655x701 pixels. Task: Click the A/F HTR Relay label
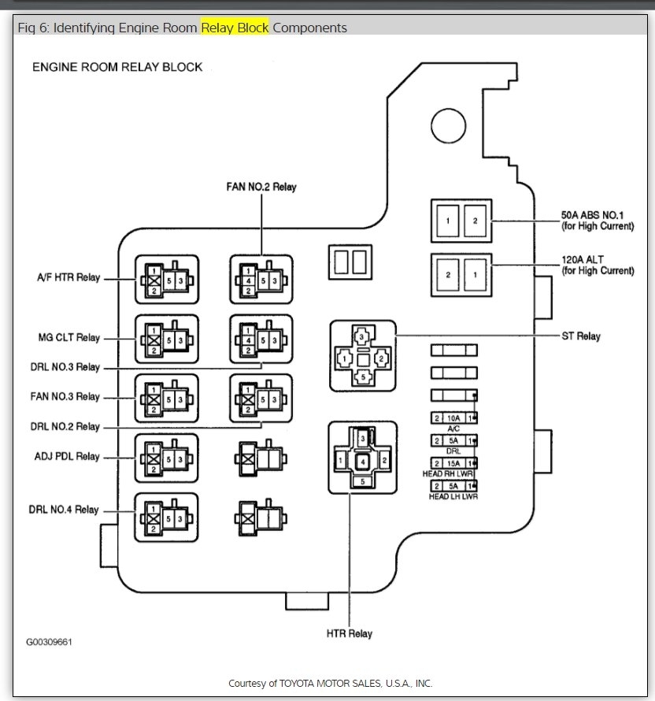[68, 278]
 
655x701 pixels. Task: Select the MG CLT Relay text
[68, 338]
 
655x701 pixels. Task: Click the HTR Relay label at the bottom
[349, 633]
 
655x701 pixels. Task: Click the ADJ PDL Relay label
[67, 457]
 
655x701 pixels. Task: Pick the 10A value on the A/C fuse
[452, 418]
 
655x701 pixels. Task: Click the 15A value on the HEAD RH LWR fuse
[452, 463]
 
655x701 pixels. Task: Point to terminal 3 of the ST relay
[361, 338]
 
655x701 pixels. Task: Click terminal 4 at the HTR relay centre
[362, 460]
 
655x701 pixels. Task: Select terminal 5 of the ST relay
[361, 377]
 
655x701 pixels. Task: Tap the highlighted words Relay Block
[235, 28]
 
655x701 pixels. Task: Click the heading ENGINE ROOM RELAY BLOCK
[117, 67]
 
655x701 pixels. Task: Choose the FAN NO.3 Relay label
[67, 397]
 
